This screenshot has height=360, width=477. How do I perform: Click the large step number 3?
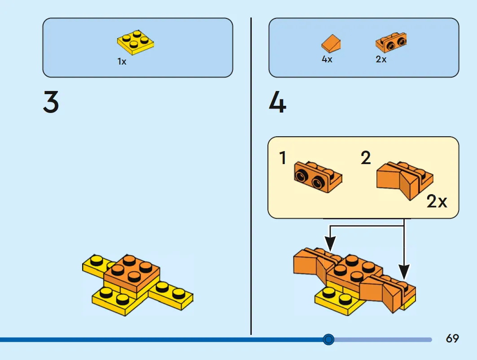[x=51, y=102]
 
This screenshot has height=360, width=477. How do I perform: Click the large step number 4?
[x=277, y=102]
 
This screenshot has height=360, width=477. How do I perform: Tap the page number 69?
[x=452, y=338]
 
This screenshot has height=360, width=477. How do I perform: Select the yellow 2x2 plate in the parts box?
[x=136, y=43]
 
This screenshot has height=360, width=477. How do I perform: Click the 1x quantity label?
[x=122, y=62]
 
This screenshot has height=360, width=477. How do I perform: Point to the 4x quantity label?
[x=327, y=59]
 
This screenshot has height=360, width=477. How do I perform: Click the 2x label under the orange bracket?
[x=381, y=59]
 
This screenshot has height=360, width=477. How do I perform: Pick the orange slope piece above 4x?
[x=331, y=43]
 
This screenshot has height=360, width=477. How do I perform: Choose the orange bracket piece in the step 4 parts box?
[x=391, y=43]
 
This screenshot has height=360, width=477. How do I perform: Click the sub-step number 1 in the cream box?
[x=283, y=158]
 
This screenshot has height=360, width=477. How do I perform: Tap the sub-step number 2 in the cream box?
[x=366, y=158]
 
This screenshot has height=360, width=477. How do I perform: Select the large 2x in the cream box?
[x=437, y=201]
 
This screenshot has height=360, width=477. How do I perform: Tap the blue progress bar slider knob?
[x=328, y=339]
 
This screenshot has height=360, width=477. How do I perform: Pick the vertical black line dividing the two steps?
[x=251, y=176]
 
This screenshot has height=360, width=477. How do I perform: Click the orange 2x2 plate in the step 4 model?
[x=354, y=269]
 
